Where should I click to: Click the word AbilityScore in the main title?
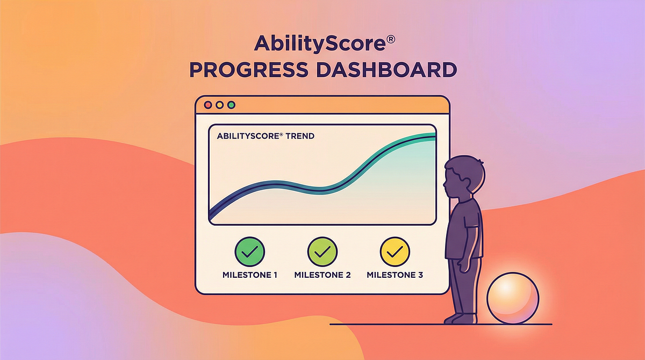point(320,44)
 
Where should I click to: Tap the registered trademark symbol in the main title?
point(390,39)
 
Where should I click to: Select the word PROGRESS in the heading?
point(249,70)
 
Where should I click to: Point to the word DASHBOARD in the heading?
point(386,70)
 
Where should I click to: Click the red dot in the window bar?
point(208,105)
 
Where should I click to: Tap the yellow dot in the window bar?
point(219,105)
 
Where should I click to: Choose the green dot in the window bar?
point(231,105)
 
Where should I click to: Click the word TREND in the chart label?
point(300,136)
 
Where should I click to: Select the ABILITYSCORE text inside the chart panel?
point(248,136)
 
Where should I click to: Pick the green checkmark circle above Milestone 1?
point(249,252)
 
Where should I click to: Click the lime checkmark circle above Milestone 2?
point(322,252)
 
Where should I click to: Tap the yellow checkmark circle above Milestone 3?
point(395,252)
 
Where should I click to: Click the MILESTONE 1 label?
point(249,275)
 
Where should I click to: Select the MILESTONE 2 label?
point(322,275)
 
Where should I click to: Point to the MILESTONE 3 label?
point(395,275)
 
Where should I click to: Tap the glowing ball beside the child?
point(513,298)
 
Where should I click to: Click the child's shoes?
point(460,319)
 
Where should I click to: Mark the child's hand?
point(463,265)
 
